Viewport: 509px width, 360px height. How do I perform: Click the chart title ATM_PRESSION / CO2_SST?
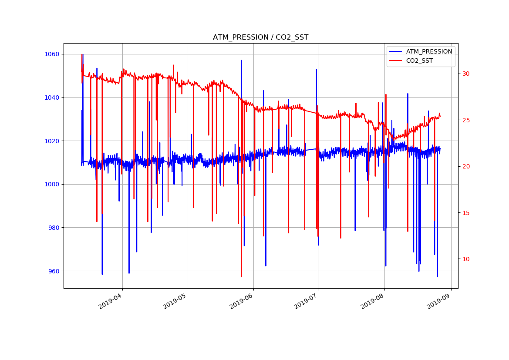pyautogui.click(x=260, y=37)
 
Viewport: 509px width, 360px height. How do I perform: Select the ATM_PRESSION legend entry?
pyautogui.click(x=429, y=51)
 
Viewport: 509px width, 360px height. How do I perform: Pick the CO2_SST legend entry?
pyautogui.click(x=419, y=61)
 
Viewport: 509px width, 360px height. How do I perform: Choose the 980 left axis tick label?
pyautogui.click(x=53, y=228)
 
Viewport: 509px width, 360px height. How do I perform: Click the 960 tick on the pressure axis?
pyautogui.click(x=53, y=271)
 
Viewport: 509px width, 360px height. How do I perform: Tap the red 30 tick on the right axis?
pyautogui.click(x=466, y=74)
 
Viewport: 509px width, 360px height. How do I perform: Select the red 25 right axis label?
pyautogui.click(x=466, y=120)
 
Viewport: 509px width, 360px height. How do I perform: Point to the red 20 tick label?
pyautogui.click(x=466, y=166)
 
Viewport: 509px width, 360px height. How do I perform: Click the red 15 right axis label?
pyautogui.click(x=466, y=213)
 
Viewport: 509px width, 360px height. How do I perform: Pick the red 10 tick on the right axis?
pyautogui.click(x=466, y=259)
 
